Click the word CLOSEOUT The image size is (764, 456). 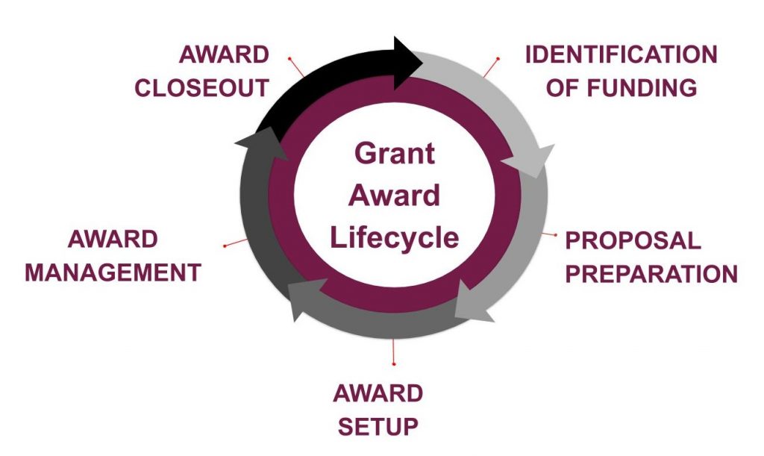pos(201,87)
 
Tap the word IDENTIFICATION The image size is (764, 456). pos(621,54)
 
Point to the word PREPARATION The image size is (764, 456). pos(651,273)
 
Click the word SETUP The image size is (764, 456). pos(378,427)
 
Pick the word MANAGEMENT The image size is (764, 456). pos(113,272)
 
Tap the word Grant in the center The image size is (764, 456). pos(394,153)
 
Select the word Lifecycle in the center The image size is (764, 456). pos(394,237)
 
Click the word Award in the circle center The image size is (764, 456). pos(394,196)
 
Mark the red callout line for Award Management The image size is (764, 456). pos(235,243)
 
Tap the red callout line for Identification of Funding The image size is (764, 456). pos(491,67)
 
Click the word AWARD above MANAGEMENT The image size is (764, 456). pos(113,240)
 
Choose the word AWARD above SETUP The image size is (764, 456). pos(378,394)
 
